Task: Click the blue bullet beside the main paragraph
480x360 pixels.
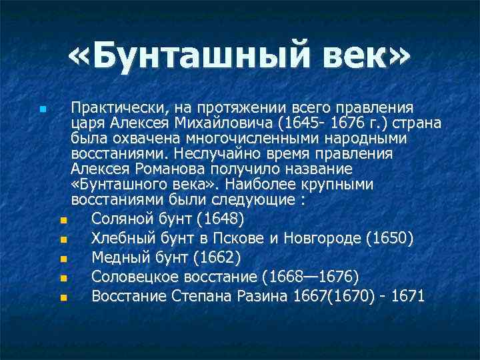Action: tap(43, 108)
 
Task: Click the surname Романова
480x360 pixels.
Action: tap(189, 169)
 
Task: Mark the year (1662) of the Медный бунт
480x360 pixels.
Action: tap(217, 257)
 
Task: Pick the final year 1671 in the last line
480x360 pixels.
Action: tap(408, 296)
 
